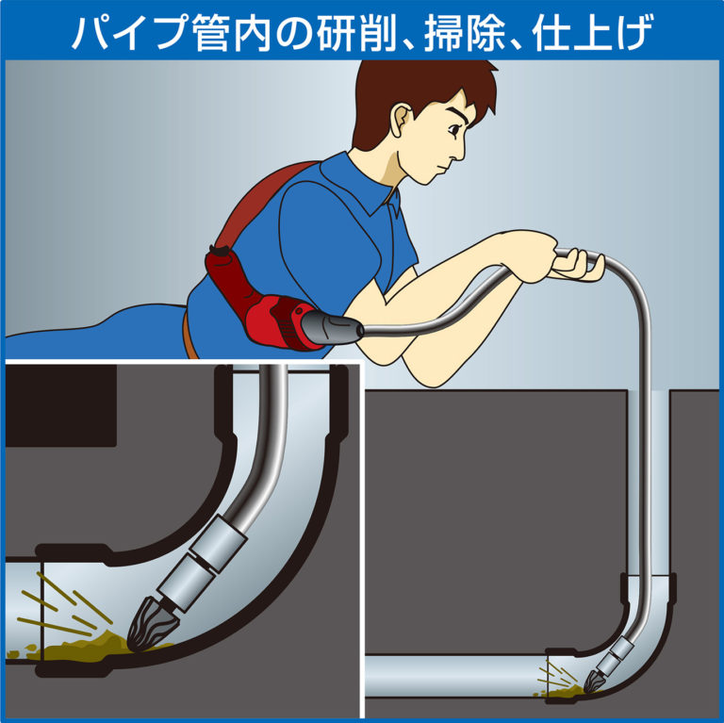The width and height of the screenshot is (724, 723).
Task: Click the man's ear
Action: [401, 120]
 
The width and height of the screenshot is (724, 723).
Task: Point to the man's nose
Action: [459, 150]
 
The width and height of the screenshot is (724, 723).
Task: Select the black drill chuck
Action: [333, 327]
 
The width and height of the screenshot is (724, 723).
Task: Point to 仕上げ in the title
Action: [592, 32]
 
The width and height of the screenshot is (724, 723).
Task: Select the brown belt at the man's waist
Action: [189, 334]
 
